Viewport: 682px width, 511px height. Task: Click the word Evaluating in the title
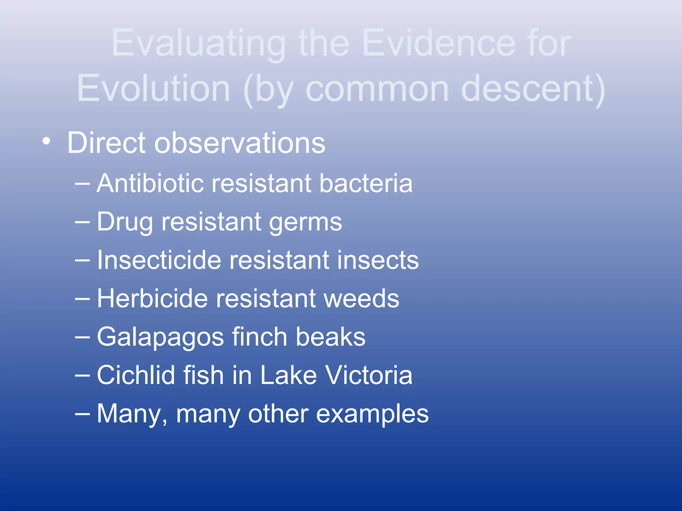point(198,43)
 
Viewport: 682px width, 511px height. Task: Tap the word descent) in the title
point(533,88)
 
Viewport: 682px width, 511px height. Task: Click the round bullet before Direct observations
point(47,142)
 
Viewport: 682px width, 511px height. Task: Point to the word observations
point(239,143)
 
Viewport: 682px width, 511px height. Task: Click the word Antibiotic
point(150,183)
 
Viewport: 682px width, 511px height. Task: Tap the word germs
point(305,222)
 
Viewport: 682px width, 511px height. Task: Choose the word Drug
point(125,222)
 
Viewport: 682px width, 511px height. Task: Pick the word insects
point(378,260)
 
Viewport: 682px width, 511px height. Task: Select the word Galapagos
point(160,337)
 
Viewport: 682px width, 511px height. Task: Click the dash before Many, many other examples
point(82,414)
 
